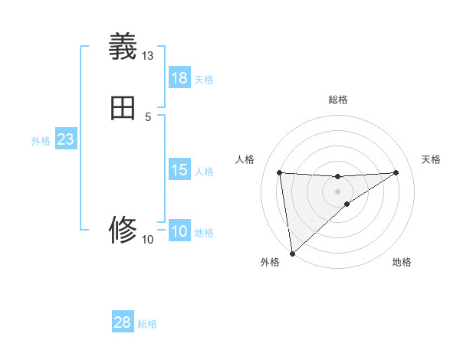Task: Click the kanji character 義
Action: (123, 47)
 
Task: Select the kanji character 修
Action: (123, 229)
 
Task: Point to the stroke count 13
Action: (148, 56)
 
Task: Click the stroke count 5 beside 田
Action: (148, 116)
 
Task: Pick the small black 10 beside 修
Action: (148, 240)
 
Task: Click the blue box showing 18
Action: (179, 78)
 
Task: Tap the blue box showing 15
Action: (179, 170)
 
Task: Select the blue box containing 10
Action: (179, 231)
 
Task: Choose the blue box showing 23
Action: (65, 139)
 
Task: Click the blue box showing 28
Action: (123, 322)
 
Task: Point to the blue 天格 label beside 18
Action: (204, 80)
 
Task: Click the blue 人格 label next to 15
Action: (204, 172)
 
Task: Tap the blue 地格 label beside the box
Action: (204, 233)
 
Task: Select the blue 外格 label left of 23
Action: (41, 141)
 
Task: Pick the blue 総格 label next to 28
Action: (147, 324)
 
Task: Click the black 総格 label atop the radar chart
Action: (337, 100)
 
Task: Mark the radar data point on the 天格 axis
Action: (396, 172)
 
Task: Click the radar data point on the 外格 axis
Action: (292, 253)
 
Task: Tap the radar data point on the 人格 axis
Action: (279, 172)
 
